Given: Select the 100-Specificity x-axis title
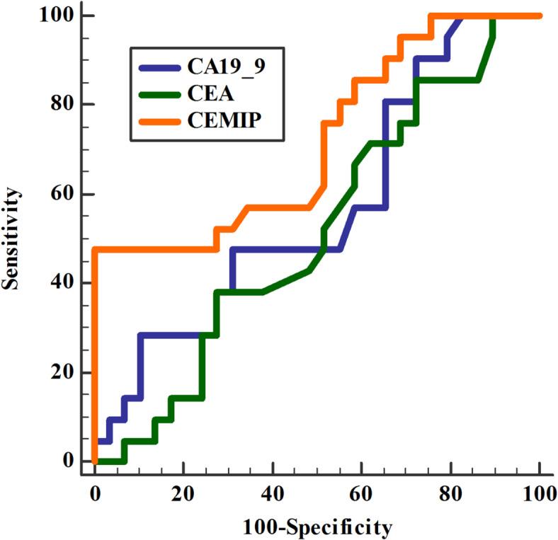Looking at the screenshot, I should point(316,527).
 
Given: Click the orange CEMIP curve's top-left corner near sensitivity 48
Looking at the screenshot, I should point(95,250).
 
